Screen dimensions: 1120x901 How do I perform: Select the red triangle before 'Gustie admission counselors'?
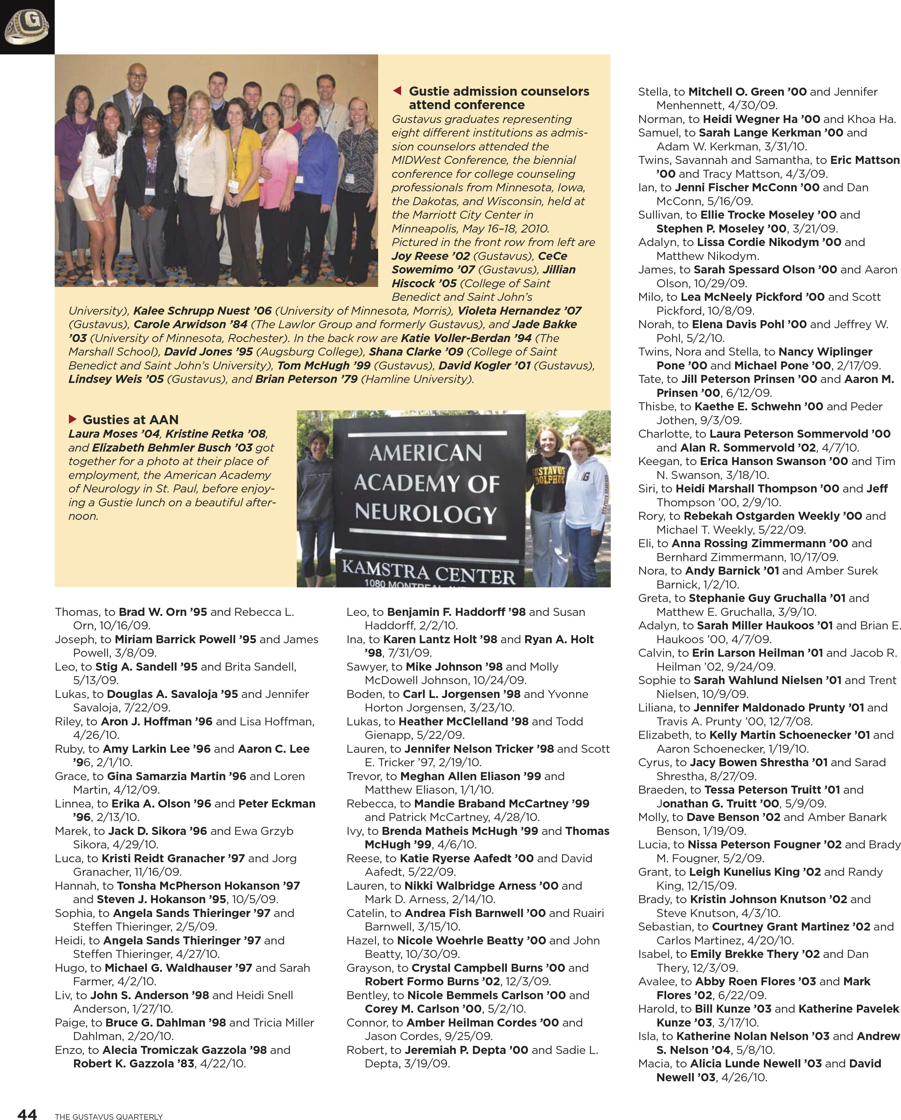pyautogui.click(x=397, y=91)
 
